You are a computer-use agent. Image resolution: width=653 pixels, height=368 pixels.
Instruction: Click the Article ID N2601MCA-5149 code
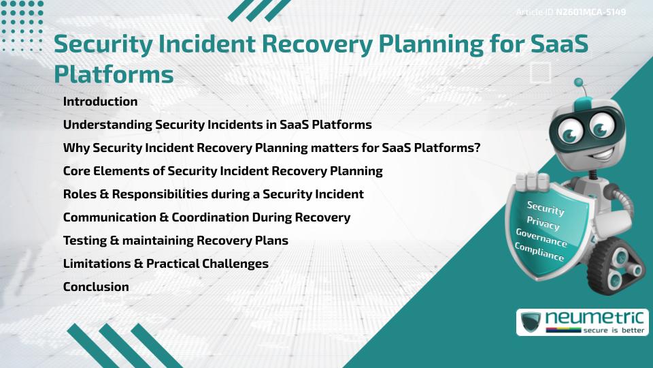tap(590, 12)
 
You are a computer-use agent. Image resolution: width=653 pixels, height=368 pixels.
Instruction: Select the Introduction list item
tap(100, 102)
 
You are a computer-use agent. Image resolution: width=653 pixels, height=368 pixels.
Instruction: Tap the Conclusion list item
tap(96, 287)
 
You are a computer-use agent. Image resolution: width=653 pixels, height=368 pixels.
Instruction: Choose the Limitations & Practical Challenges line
tap(165, 264)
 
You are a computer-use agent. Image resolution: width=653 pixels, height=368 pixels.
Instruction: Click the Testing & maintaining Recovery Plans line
tap(175, 241)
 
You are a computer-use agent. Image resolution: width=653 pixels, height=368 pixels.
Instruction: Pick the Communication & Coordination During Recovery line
tap(206, 217)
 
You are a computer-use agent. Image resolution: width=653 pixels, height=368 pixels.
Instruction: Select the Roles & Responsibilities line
tap(213, 194)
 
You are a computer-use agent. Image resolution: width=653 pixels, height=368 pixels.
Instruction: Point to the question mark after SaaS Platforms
tap(478, 148)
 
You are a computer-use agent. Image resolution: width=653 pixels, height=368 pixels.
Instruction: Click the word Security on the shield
tap(546, 208)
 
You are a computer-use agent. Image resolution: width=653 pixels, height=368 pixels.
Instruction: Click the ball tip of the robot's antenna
tap(579, 82)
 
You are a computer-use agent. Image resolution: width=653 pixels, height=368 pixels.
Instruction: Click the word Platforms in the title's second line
tap(114, 74)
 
